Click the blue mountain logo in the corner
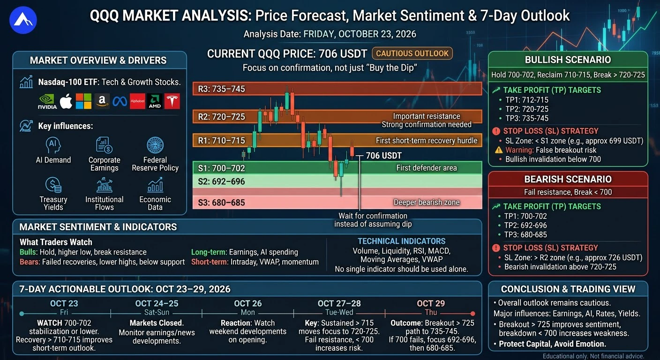coord(23,20)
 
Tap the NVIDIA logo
coord(47,102)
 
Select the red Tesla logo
coord(172,102)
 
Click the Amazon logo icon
coord(102,102)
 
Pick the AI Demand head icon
coord(53,145)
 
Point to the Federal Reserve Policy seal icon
coord(155,145)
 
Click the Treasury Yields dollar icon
coord(53,185)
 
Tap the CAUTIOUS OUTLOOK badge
coord(412,53)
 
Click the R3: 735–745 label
coord(221,89)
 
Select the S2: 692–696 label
coord(221,181)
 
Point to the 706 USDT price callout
coord(383,156)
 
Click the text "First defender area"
coord(427,168)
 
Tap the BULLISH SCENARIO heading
coord(568,60)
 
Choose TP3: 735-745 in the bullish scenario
coord(527,119)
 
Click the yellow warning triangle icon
coord(499,150)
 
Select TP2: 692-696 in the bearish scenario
coord(525,225)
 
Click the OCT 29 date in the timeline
coord(431,303)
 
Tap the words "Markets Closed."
coord(157,323)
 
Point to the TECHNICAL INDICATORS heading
coord(401,241)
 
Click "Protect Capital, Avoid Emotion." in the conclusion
coord(552,344)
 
